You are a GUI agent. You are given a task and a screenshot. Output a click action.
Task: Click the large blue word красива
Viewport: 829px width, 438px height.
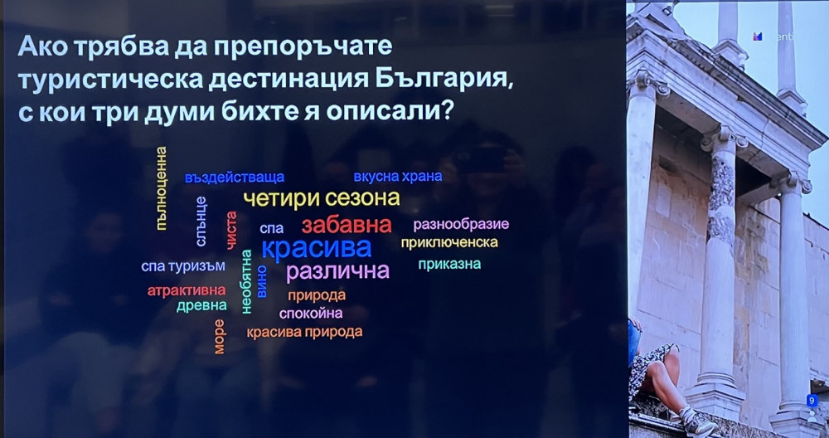[x=316, y=247]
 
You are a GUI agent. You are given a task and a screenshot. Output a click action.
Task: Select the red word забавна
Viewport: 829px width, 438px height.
[x=347, y=226]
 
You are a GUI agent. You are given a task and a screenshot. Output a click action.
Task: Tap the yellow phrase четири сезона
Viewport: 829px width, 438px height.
[x=322, y=199]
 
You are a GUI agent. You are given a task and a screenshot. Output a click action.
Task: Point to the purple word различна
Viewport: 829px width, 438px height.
[x=337, y=271]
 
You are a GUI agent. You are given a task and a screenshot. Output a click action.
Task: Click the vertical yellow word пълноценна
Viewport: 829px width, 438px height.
[x=162, y=188]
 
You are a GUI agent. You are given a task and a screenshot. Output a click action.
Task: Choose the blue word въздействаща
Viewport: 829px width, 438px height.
[x=235, y=178]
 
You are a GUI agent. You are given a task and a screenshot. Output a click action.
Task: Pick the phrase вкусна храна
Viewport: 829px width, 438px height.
[x=398, y=176]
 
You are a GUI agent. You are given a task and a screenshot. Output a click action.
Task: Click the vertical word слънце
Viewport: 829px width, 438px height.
[x=201, y=221]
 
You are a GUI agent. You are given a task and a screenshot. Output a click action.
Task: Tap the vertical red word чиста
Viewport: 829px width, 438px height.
[x=231, y=230]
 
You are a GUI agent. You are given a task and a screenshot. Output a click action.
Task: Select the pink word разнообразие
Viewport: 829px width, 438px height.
[x=461, y=224]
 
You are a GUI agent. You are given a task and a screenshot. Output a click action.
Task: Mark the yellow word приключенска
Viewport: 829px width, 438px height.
[x=448, y=242]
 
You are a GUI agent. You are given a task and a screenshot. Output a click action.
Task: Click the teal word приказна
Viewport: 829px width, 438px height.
[x=449, y=264]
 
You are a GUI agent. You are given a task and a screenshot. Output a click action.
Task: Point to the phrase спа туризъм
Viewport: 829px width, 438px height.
[x=183, y=266]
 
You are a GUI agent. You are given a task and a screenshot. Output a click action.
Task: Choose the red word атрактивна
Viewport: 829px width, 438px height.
[x=186, y=290]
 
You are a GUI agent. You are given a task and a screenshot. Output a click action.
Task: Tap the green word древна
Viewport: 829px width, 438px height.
[x=201, y=306]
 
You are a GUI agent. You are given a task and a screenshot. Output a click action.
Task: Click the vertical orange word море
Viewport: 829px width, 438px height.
[x=219, y=337]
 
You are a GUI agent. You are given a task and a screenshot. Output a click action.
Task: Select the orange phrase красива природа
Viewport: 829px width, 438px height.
[x=304, y=332]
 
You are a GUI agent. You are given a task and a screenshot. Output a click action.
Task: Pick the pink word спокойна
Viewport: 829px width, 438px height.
[x=311, y=314]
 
